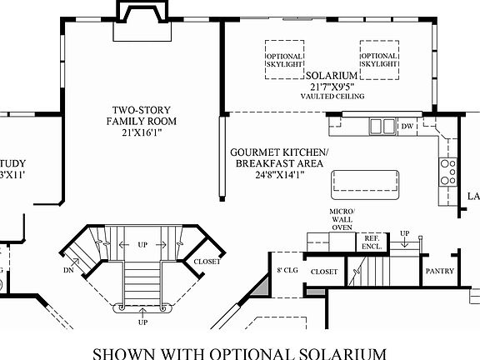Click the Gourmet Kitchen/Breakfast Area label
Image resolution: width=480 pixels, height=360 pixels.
(x=279, y=157)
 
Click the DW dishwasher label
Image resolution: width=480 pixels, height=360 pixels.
(x=407, y=127)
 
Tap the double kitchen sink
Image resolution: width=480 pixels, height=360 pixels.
(x=382, y=127)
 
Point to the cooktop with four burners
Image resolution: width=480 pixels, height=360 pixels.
(x=447, y=172)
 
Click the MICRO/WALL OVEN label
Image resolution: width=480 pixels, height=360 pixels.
(x=341, y=219)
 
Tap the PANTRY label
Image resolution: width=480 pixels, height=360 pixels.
(x=439, y=271)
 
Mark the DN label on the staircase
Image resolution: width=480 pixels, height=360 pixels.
(x=68, y=270)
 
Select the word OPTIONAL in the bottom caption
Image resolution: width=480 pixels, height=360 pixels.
(x=251, y=352)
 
